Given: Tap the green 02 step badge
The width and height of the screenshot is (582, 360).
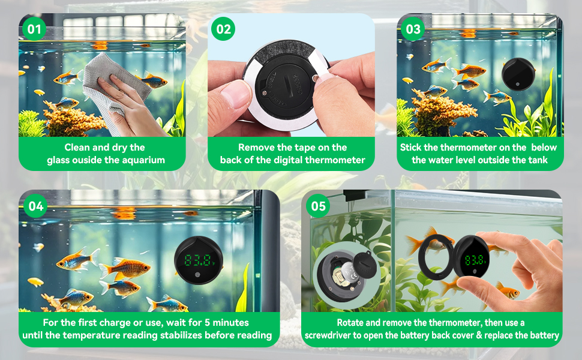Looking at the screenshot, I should (224, 29).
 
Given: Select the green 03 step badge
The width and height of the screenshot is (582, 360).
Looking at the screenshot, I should (413, 29).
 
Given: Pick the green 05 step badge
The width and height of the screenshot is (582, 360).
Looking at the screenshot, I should (319, 206).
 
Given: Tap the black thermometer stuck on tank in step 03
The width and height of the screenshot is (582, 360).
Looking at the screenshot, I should (517, 73).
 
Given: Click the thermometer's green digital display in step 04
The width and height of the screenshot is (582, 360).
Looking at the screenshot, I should (199, 260).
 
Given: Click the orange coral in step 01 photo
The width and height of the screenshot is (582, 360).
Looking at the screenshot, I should (76, 120).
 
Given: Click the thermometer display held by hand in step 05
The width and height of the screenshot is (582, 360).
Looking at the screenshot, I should (475, 260).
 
